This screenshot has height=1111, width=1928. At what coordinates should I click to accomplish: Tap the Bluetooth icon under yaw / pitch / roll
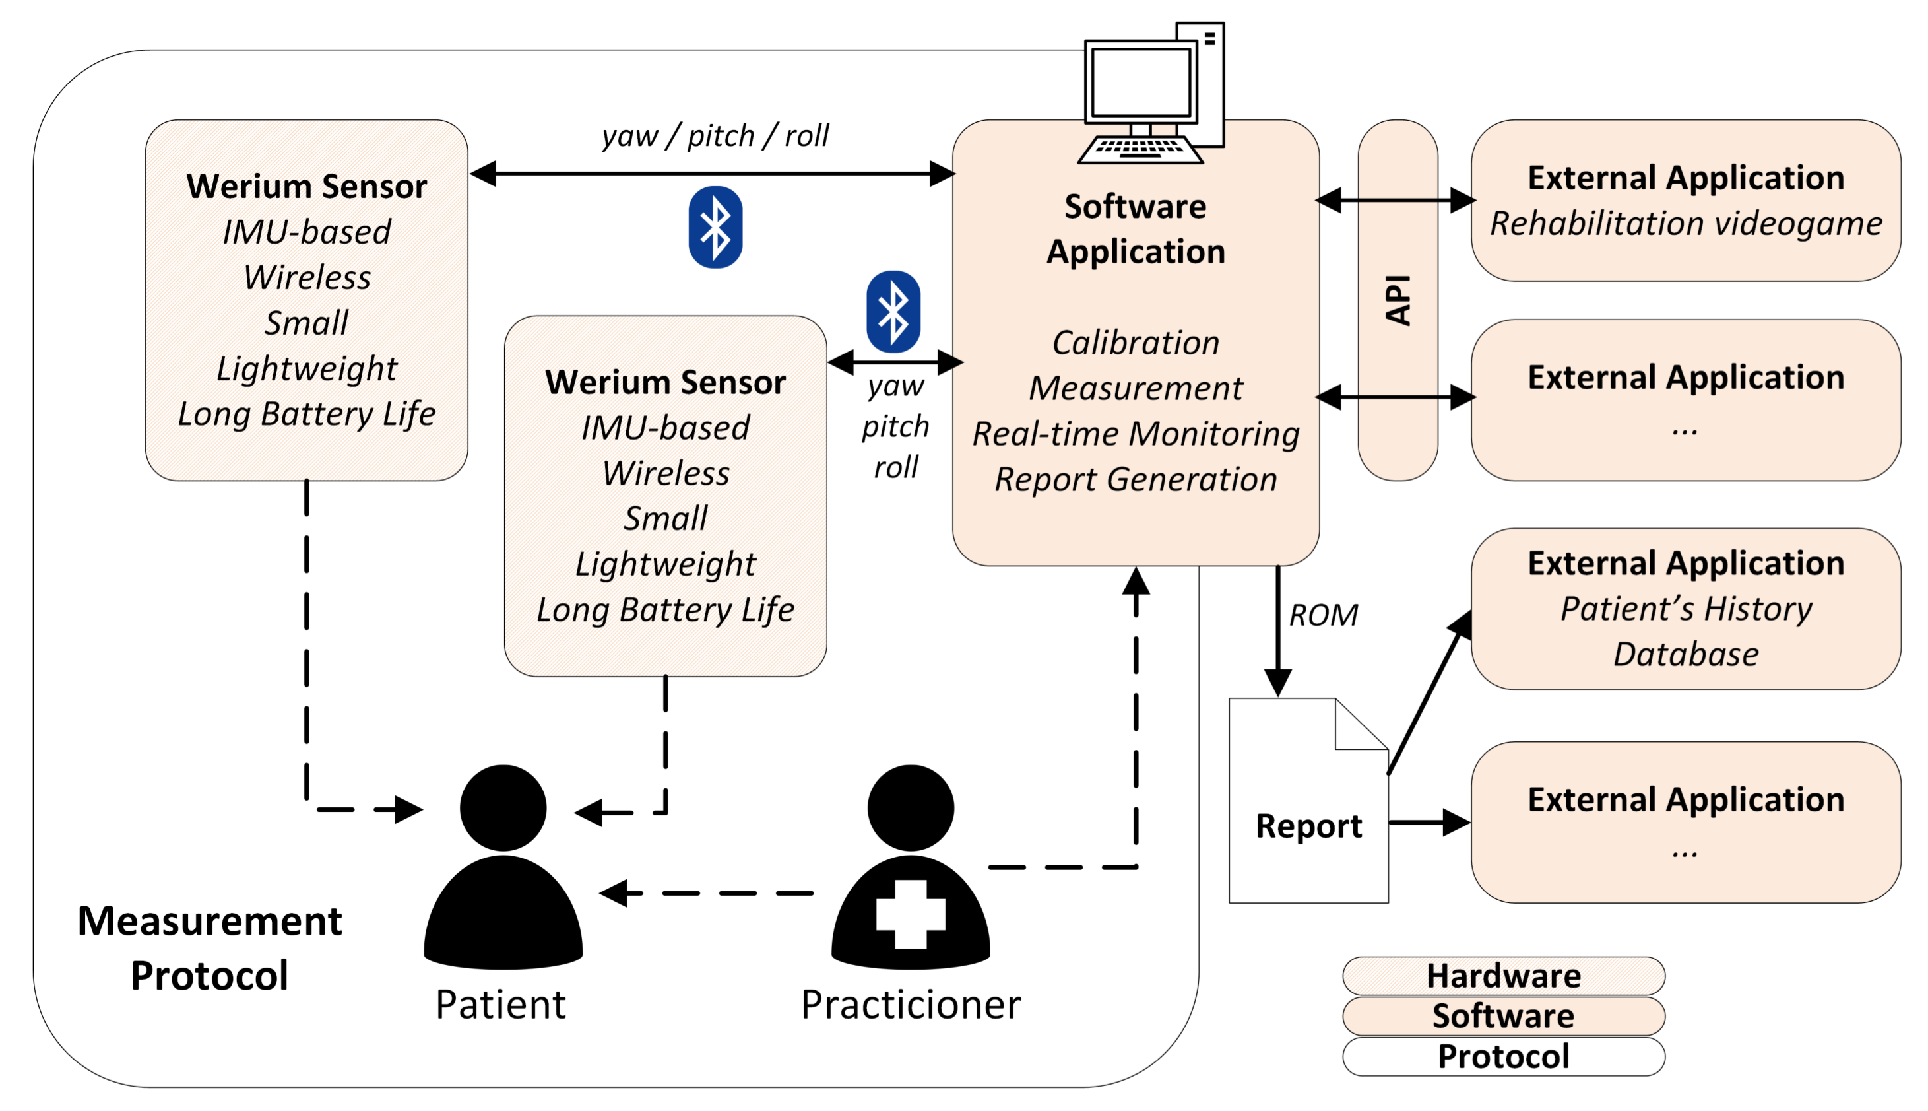pos(715,227)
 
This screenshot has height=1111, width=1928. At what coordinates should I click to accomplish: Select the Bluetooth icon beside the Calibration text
pos(893,312)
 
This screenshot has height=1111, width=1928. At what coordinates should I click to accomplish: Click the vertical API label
pos(1398,300)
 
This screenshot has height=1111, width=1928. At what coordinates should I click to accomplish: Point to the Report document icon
pos(1308,801)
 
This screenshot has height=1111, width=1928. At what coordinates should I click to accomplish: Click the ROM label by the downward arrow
pos(1323,615)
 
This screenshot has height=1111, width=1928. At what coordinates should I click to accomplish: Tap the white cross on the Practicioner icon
pos(911,914)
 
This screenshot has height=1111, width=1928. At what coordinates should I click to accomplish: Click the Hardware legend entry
pos(1503,975)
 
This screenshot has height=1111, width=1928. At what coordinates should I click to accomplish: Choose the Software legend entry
pos(1503,1016)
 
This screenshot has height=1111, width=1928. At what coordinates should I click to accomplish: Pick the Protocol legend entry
pos(1503,1056)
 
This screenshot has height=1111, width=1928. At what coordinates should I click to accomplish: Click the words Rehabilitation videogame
pos(1685,224)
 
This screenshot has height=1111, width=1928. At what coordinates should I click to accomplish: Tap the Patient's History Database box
pos(1685,609)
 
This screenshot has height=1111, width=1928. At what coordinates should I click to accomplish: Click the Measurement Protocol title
pos(210,948)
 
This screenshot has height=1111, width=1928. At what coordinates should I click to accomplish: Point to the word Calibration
pos(1136,343)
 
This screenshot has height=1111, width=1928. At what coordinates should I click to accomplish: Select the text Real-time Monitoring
pos(1136,434)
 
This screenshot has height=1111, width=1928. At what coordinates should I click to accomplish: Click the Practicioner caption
pos(911,1004)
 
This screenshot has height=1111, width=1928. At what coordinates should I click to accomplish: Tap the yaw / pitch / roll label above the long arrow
pos(715,136)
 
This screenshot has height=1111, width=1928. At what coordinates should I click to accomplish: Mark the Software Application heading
pos(1136,229)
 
